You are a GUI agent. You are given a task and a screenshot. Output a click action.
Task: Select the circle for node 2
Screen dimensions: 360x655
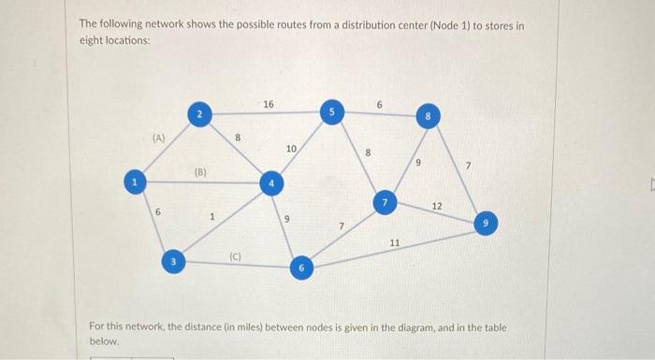(198, 114)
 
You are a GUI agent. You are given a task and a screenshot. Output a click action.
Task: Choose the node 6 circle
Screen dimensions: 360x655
(300, 268)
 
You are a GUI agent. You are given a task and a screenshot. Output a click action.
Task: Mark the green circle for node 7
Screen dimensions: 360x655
(383, 202)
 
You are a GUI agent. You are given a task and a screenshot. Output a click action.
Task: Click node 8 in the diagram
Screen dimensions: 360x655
(428, 119)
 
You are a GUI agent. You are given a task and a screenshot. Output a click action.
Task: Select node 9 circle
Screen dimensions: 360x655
(486, 223)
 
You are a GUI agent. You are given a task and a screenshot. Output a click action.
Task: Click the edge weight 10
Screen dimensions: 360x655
(291, 150)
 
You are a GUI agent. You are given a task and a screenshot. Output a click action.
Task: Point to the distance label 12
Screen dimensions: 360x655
(437, 204)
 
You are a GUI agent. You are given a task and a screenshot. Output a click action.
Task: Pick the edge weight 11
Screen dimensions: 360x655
(395, 243)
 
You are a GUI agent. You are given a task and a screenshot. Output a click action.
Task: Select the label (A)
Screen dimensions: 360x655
(159, 137)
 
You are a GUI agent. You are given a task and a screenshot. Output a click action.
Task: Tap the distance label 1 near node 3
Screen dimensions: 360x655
(211, 216)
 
